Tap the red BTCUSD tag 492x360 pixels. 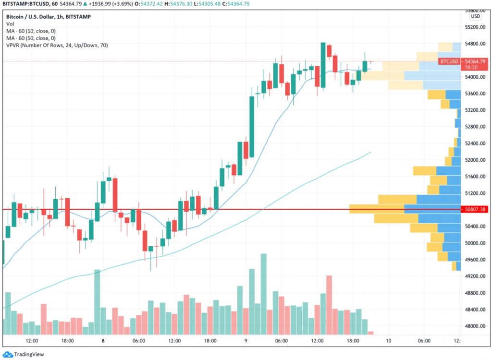[x=449, y=61]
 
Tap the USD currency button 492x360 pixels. [x=475, y=16]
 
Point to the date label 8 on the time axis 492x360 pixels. [x=103, y=341]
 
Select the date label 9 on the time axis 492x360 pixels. [x=246, y=341]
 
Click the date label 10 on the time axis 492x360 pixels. [x=388, y=341]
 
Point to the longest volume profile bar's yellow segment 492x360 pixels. [x=377, y=209]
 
